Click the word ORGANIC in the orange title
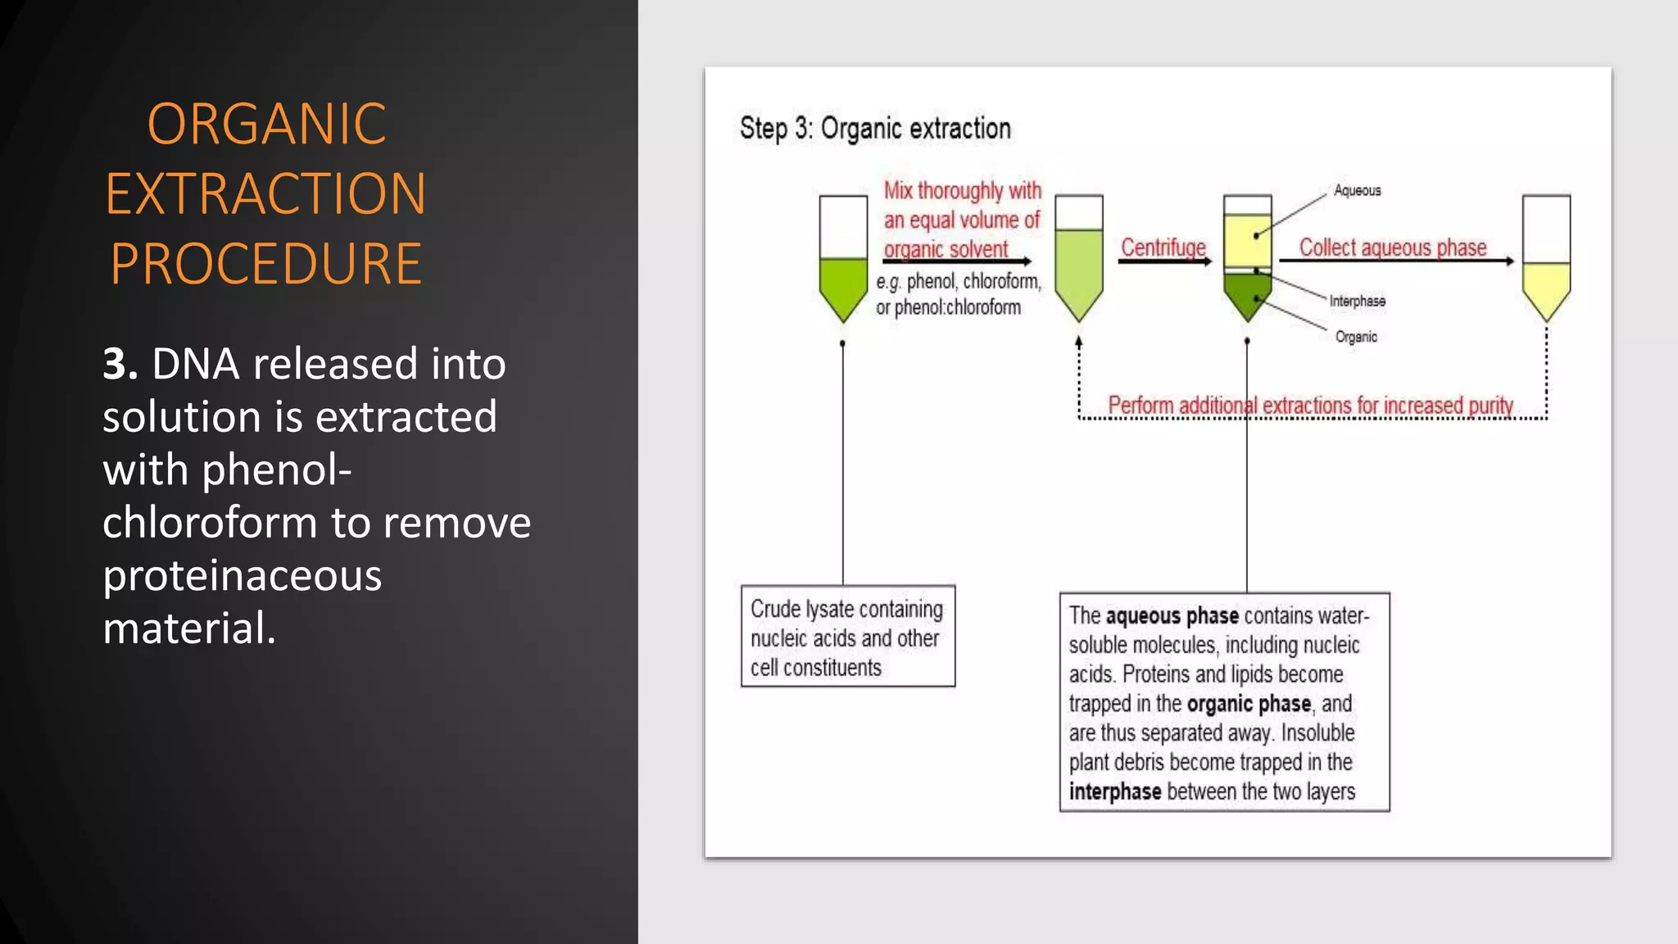(266, 125)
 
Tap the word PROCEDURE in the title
(265, 264)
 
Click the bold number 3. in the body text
(120, 364)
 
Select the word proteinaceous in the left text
(242, 575)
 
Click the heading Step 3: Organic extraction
(874, 129)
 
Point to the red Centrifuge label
(1163, 247)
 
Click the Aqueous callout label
(1357, 190)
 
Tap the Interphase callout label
(1357, 302)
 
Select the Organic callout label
(1355, 337)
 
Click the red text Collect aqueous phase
(1392, 247)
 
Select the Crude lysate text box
(847, 637)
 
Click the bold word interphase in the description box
(1114, 792)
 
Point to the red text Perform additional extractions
(1309, 405)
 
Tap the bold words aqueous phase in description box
(1172, 615)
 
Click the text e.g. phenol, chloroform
(958, 282)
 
